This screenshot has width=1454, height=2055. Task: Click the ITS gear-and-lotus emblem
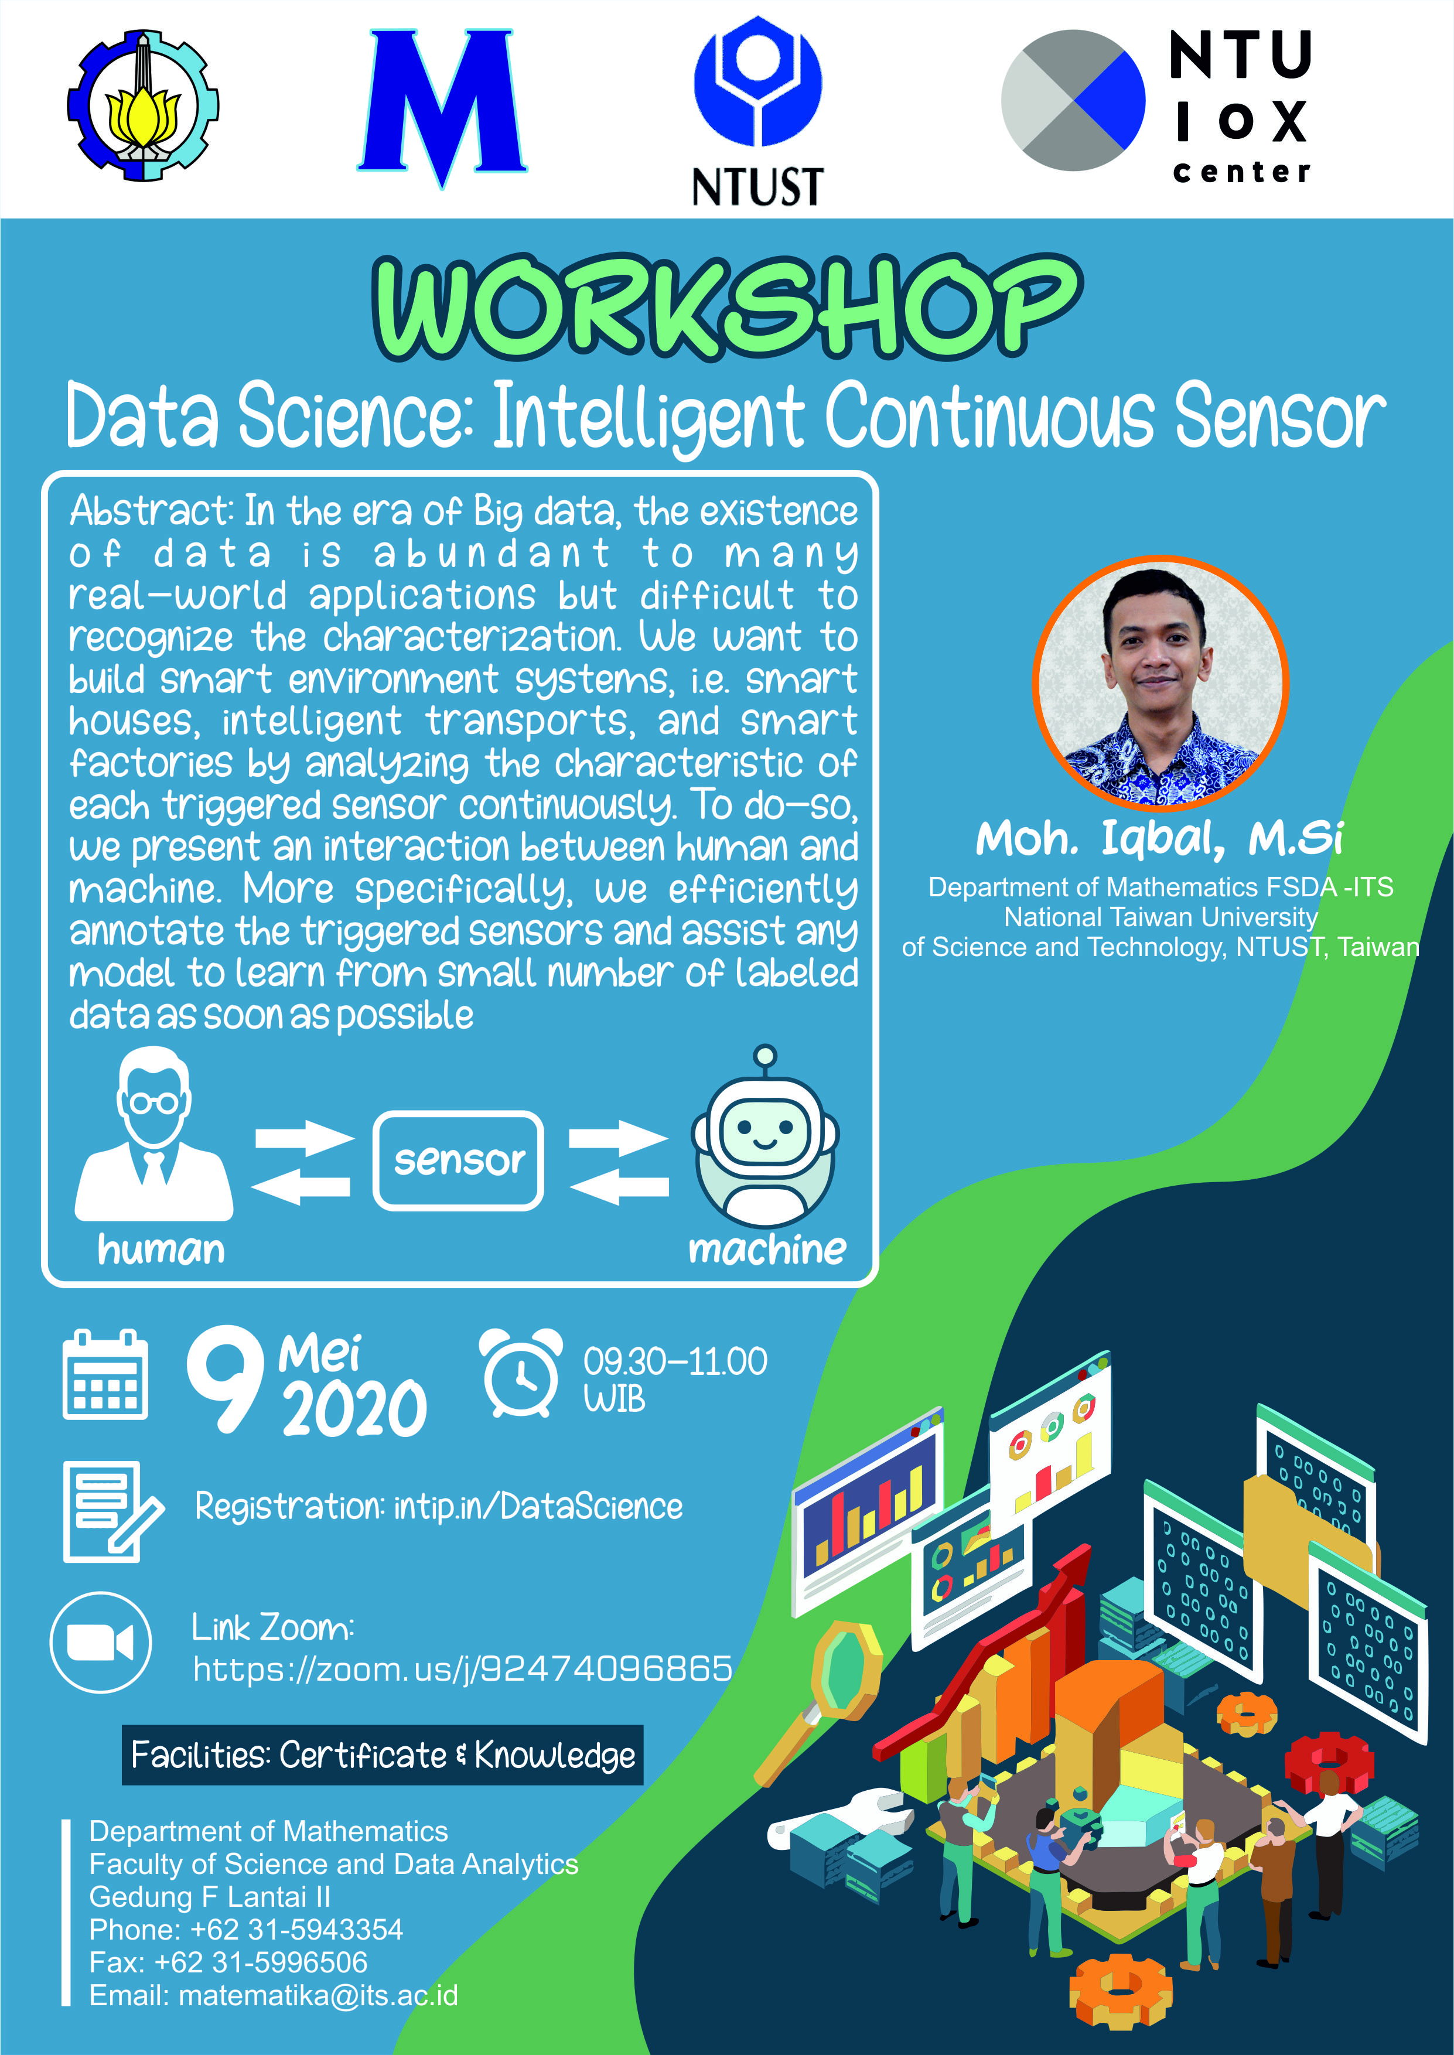[x=144, y=105]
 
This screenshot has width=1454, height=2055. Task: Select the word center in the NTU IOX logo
[x=1242, y=171]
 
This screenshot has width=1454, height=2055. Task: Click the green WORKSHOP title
[x=727, y=307]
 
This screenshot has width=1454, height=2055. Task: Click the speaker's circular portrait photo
[x=1161, y=682]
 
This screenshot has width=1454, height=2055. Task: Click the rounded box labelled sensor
[x=459, y=1161]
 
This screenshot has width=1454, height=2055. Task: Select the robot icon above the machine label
[x=766, y=1136]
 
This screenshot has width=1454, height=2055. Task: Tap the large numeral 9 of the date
[x=226, y=1379]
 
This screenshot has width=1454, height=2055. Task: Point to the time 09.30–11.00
[x=675, y=1361]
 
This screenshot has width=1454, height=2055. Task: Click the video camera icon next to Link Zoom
[x=100, y=1643]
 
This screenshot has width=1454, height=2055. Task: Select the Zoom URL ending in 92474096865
[x=463, y=1669]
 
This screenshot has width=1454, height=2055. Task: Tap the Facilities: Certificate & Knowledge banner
[x=383, y=1755]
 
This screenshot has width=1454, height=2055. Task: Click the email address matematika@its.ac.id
[x=318, y=1995]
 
